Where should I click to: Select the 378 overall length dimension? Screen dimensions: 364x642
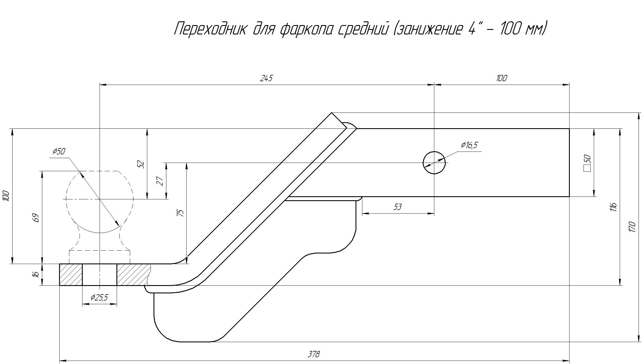(x=314, y=354)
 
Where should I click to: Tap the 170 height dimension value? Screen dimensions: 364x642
(x=632, y=227)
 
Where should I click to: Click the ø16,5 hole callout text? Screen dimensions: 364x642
(x=469, y=145)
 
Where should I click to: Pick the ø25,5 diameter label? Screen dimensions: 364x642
(x=99, y=298)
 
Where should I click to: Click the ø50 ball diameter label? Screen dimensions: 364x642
(x=59, y=152)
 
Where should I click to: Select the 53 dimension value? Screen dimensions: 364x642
(x=397, y=207)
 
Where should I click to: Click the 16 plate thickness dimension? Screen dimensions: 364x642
(x=36, y=274)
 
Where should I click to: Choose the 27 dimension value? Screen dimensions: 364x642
(x=161, y=181)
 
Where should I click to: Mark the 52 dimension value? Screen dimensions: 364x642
(x=141, y=164)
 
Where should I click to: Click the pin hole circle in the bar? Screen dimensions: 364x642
(x=434, y=163)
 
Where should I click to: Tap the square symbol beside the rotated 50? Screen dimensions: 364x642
(x=587, y=169)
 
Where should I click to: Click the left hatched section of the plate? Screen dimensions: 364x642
(x=71, y=275)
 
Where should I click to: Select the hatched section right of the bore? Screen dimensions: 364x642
(x=133, y=275)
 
